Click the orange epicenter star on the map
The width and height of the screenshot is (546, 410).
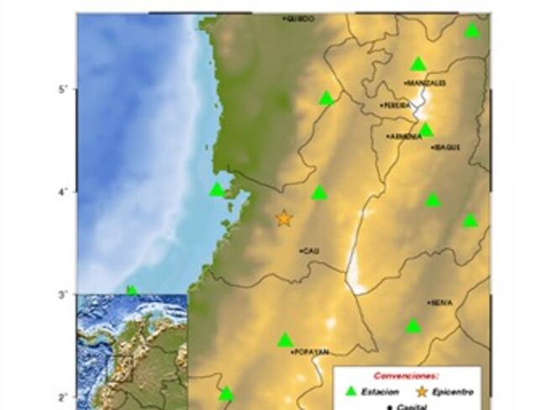point(284,218)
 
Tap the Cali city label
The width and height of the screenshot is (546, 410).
point(311,250)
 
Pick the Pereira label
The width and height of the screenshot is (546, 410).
point(396,106)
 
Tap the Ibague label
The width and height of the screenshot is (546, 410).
point(447,147)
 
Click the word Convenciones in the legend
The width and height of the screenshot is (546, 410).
point(407,376)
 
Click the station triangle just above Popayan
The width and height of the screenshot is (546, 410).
point(285,339)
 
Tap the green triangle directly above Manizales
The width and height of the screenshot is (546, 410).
point(418,64)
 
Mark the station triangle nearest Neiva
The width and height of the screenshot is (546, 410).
point(413,326)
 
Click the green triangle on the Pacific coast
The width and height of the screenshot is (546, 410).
point(217,190)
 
